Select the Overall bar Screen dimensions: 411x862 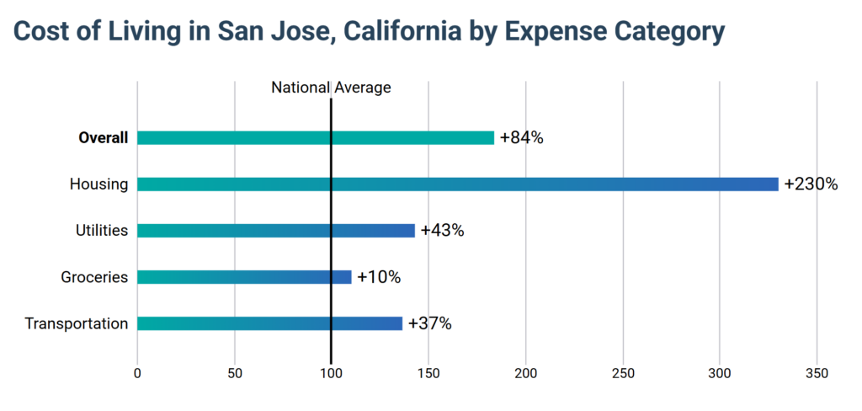click(x=315, y=138)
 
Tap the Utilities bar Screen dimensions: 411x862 click(x=275, y=231)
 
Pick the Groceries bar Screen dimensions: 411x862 click(x=243, y=277)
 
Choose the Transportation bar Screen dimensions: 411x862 click(x=269, y=323)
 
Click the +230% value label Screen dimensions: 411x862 click(x=810, y=184)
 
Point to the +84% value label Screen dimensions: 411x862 click(x=521, y=138)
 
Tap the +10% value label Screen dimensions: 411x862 click(x=379, y=277)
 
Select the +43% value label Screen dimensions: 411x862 click(x=442, y=231)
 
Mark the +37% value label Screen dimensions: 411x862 click(x=429, y=323)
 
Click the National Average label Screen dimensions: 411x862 click(x=331, y=87)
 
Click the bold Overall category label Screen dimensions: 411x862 click(x=103, y=138)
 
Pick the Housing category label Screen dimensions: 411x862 click(x=100, y=184)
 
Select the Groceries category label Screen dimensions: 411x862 click(x=94, y=277)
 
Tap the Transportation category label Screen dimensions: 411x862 click(x=76, y=323)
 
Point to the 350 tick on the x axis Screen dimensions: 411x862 click(x=817, y=372)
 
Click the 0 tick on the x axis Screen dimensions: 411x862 click(x=137, y=372)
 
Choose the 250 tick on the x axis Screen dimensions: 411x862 click(x=623, y=372)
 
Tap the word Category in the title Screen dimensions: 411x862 click(x=658, y=31)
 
